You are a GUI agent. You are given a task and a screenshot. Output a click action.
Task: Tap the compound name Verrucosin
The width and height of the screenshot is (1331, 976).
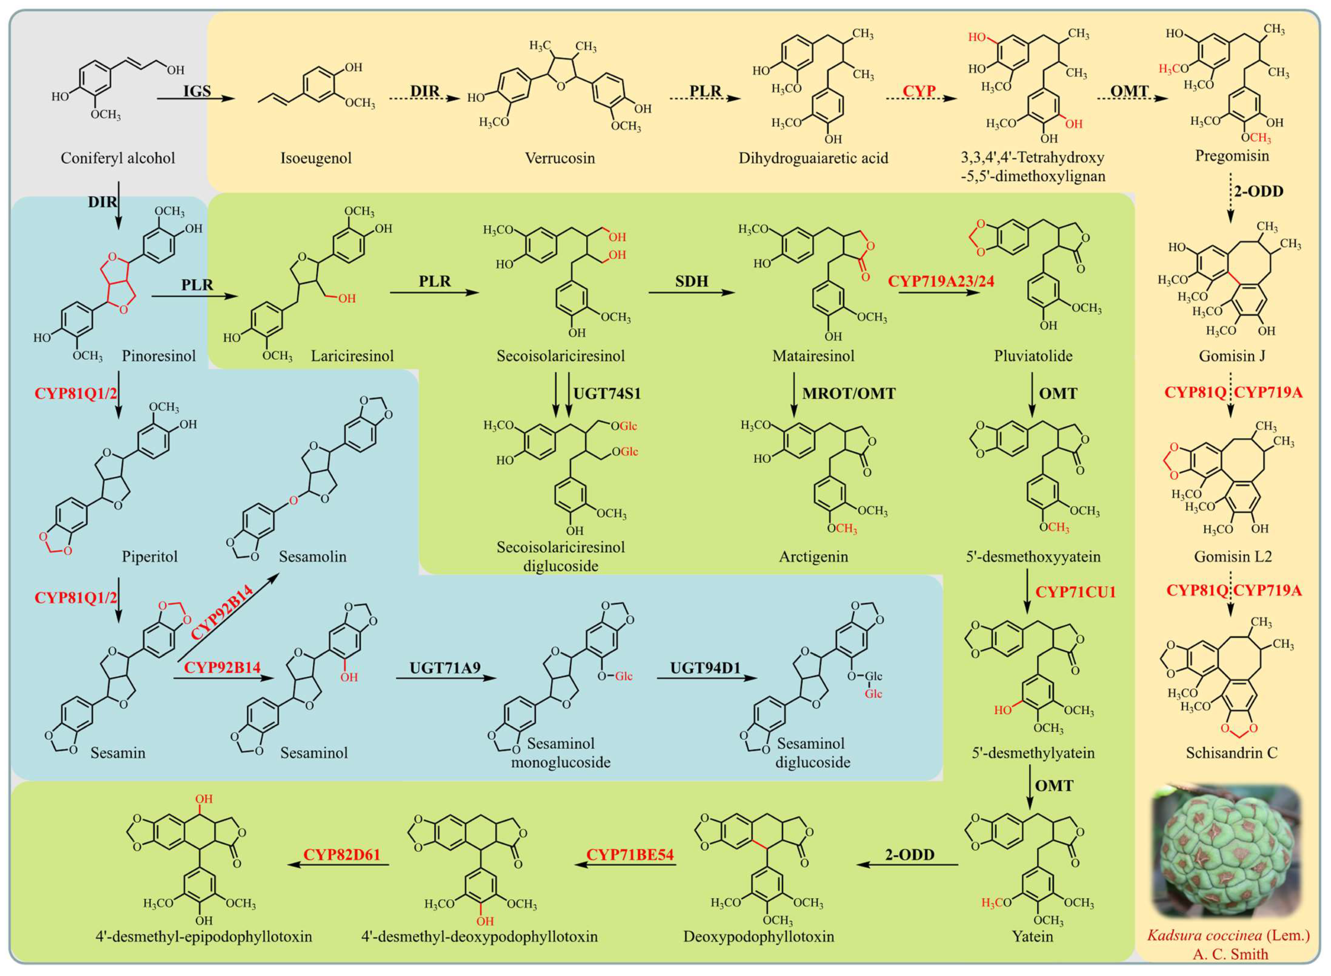(560, 158)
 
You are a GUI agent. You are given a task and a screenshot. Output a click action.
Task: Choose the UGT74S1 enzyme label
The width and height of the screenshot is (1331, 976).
(607, 393)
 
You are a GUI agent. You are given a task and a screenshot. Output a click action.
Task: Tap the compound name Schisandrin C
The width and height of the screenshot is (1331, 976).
(1231, 753)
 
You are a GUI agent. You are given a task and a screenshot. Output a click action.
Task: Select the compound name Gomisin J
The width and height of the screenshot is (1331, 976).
(1231, 356)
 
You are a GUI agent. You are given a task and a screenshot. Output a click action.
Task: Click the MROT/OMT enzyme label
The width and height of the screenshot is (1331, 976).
(849, 393)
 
